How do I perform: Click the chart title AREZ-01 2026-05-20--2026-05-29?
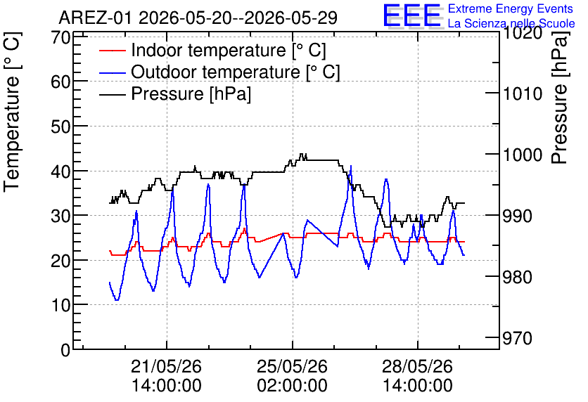pos(198,18)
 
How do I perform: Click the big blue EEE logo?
pos(412,15)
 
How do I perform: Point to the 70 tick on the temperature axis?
pos(61,37)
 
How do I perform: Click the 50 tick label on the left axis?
pos(61,127)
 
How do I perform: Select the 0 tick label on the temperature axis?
pos(65,350)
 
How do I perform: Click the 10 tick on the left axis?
pos(61,305)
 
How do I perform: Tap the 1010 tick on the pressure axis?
pos(523,93)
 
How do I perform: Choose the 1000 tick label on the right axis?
pos(523,155)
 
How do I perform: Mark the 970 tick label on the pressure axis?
pos(518,338)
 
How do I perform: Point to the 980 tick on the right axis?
pos(518,277)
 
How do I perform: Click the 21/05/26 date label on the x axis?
pos(167,366)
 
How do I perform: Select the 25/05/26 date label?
pos(292,366)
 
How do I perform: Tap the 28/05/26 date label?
pos(417,366)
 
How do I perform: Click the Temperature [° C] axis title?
pos(13,112)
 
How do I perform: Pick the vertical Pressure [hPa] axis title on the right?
pos(560,97)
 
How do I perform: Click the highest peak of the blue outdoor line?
pos(351,166)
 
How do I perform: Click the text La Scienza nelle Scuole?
pos(511,23)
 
